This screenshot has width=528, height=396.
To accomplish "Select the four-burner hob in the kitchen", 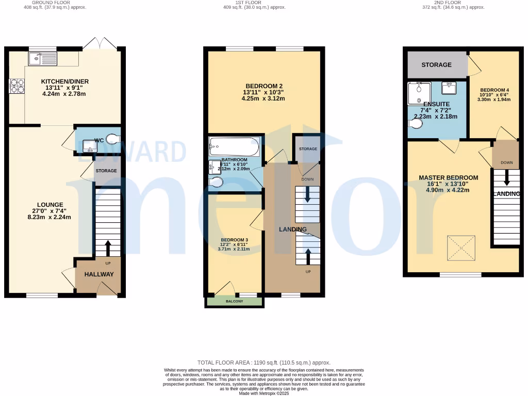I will (16, 86).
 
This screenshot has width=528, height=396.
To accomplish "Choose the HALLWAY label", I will (99, 274).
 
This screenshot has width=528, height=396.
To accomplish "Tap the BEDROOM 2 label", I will (264, 86).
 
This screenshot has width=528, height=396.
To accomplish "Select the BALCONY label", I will (234, 301).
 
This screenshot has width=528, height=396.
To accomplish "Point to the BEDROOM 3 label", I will (234, 240).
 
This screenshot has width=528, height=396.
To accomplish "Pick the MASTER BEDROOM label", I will (448, 178).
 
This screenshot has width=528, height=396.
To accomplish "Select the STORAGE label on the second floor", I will (436, 65).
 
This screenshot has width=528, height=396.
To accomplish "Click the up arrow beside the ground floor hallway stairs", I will (108, 247).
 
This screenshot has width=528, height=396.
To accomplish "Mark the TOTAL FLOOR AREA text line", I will (264, 363).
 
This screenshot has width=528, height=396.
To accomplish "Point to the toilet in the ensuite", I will (414, 124).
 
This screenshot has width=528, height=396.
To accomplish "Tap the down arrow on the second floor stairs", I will (506, 178).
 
